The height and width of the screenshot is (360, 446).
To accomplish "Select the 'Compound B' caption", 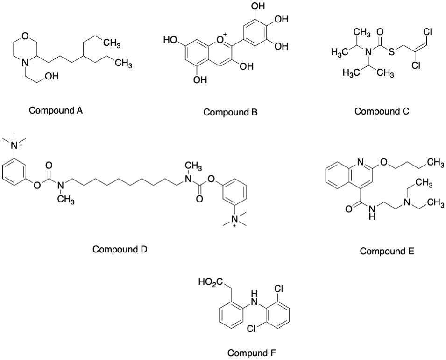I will pos(230,112).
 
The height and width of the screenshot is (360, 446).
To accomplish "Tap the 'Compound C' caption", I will pos(382,111).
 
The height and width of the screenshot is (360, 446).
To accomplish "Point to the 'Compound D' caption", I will pos(120,249).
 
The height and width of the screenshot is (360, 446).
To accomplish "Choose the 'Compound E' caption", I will pos(387,252).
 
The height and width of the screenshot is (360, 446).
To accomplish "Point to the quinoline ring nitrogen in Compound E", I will pos(360,163).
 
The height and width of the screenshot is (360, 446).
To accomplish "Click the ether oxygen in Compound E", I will pos(383,163).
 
